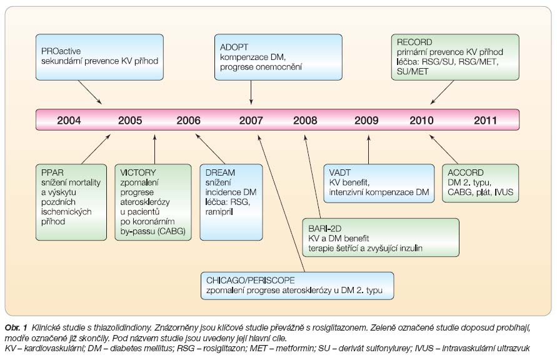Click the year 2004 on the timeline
pyautogui.click(x=69, y=121)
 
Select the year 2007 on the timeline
pyautogui.click(x=251, y=121)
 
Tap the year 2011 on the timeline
pyautogui.click(x=485, y=121)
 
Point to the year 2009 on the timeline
pyautogui.click(x=366, y=121)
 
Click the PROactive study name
pyautogui.click(x=61, y=51)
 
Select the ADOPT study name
pyautogui.click(x=234, y=47)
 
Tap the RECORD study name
pyautogui.click(x=414, y=42)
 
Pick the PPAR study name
pyautogui.click(x=53, y=172)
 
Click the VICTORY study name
pyautogui.click(x=138, y=172)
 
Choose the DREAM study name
pyautogui.click(x=220, y=172)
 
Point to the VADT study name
pyautogui.click(x=339, y=172)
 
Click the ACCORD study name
pyautogui.click(x=465, y=172)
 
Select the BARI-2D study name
pyautogui.click(x=324, y=229)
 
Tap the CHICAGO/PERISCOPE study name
pyautogui.click(x=251, y=280)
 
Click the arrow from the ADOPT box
pyautogui.click(x=251, y=92)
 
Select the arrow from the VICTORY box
pyautogui.click(x=154, y=149)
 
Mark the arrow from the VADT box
pyautogui.click(x=368, y=149)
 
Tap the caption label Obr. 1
pyautogui.click(x=16, y=327)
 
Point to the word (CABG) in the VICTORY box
pyautogui.click(x=171, y=231)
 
